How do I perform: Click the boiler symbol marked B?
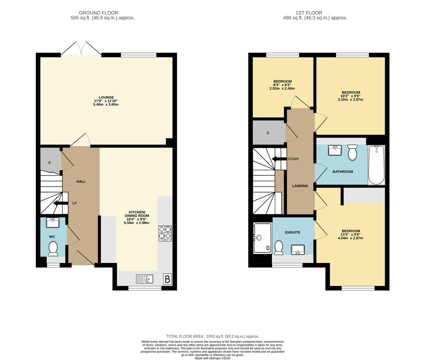point(167,279)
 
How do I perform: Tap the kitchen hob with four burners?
point(165,233)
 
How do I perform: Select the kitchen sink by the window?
point(144,279)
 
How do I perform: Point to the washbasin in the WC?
point(52,222)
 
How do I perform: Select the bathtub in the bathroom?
point(376,165)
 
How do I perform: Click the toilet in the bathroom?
point(352,152)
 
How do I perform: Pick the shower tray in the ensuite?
point(263,238)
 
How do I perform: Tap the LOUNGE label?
point(106,97)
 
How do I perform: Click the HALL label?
point(81,182)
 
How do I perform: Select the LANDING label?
point(300,186)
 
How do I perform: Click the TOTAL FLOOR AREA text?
point(212,336)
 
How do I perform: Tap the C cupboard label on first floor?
point(268,133)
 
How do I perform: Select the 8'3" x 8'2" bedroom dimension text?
point(282,85)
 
